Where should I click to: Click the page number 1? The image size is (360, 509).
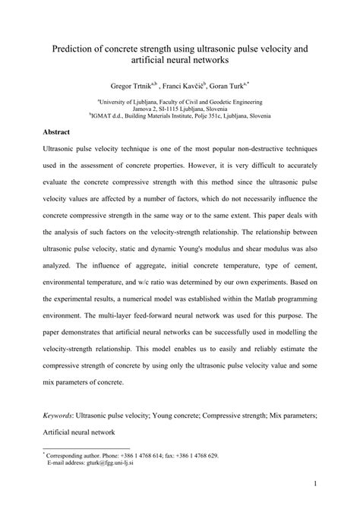[x=314, y=482]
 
